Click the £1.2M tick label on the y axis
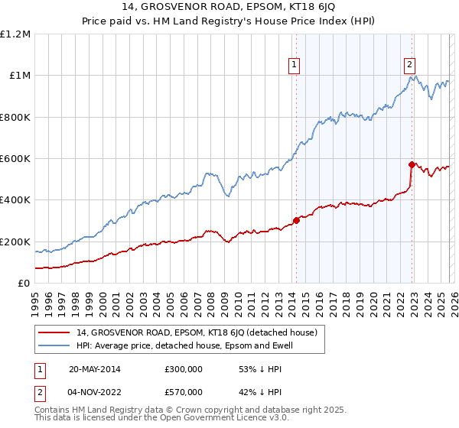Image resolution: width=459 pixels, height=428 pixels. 15,34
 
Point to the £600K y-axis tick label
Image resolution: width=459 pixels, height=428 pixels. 15,159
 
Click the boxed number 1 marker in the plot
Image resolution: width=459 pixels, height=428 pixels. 295,66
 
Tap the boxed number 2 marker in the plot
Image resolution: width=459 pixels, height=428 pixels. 411,66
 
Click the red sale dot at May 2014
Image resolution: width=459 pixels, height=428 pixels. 296,221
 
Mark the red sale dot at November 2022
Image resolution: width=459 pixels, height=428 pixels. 412,164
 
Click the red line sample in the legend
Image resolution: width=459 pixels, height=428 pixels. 55,332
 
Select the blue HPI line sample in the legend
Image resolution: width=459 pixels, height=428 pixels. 55,345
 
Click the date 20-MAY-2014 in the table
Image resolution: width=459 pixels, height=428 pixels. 95,369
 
